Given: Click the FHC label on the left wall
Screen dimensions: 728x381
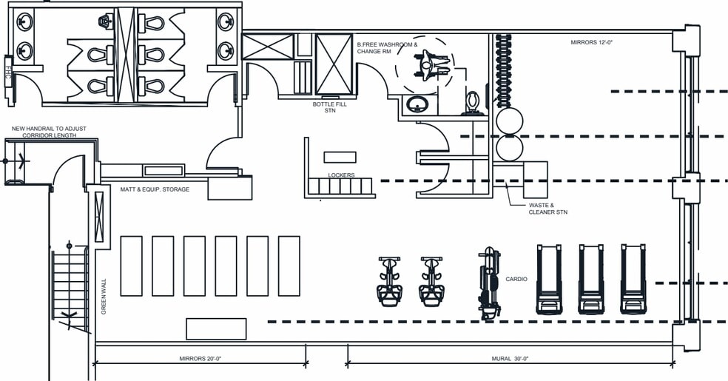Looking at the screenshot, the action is [8, 73].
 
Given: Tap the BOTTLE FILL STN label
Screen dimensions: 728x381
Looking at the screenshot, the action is [330, 107].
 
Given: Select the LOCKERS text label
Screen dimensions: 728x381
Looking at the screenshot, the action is [341, 175].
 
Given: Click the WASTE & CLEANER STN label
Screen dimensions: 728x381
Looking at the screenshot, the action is [548, 209].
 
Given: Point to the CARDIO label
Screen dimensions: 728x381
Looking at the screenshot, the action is [516, 280].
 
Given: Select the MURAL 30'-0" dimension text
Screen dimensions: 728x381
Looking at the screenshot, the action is [510, 359].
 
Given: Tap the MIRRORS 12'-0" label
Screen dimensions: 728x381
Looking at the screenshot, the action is [592, 42].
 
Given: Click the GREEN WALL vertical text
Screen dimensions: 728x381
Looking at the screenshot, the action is [104, 297].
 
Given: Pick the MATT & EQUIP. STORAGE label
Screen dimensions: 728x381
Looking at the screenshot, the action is [155, 189].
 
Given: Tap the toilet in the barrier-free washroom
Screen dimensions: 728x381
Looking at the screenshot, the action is [473, 103].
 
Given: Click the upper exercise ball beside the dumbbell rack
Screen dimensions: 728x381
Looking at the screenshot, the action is [509, 121].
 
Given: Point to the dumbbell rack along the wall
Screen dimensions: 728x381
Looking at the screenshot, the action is [503, 70].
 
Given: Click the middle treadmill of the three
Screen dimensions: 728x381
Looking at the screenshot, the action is [591, 279].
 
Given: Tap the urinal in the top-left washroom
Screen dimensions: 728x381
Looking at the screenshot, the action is [107, 21].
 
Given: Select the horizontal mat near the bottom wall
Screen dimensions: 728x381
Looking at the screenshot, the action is [216, 328].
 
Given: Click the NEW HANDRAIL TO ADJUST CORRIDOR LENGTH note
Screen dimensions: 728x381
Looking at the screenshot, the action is [50, 132].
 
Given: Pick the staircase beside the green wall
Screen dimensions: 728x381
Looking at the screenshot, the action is [70, 288].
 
